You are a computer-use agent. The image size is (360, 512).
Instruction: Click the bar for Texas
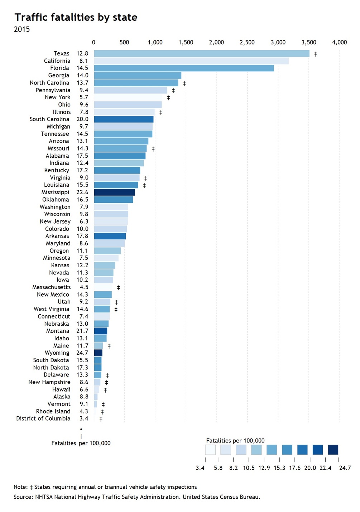point(201,53)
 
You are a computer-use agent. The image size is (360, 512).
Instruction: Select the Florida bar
point(184,68)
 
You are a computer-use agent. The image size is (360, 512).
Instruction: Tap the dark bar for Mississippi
point(114,192)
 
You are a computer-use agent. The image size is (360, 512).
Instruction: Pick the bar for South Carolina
point(124,119)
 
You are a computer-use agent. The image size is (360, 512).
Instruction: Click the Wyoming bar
point(98,353)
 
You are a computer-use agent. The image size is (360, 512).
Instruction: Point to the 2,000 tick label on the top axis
point(216,43)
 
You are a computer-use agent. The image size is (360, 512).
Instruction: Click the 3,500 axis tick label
point(308,43)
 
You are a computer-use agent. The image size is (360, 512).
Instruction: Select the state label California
point(57,61)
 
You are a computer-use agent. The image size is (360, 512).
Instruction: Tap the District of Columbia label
point(43,418)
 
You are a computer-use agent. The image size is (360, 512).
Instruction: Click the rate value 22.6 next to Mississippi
point(82,192)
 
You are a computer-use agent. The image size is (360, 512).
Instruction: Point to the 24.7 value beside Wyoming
point(82,353)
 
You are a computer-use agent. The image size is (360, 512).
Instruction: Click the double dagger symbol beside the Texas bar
point(316,54)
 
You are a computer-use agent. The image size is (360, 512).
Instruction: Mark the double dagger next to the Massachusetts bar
point(119,288)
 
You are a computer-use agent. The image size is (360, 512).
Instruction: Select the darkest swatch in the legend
point(333,450)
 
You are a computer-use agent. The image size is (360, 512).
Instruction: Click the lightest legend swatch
point(210,450)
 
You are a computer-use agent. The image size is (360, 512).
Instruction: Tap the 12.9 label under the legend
point(264,468)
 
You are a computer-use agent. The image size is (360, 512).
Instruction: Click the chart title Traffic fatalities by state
point(76,17)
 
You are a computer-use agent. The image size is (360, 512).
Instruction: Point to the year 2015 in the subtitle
point(22,29)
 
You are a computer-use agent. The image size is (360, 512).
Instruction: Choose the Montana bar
point(101,331)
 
